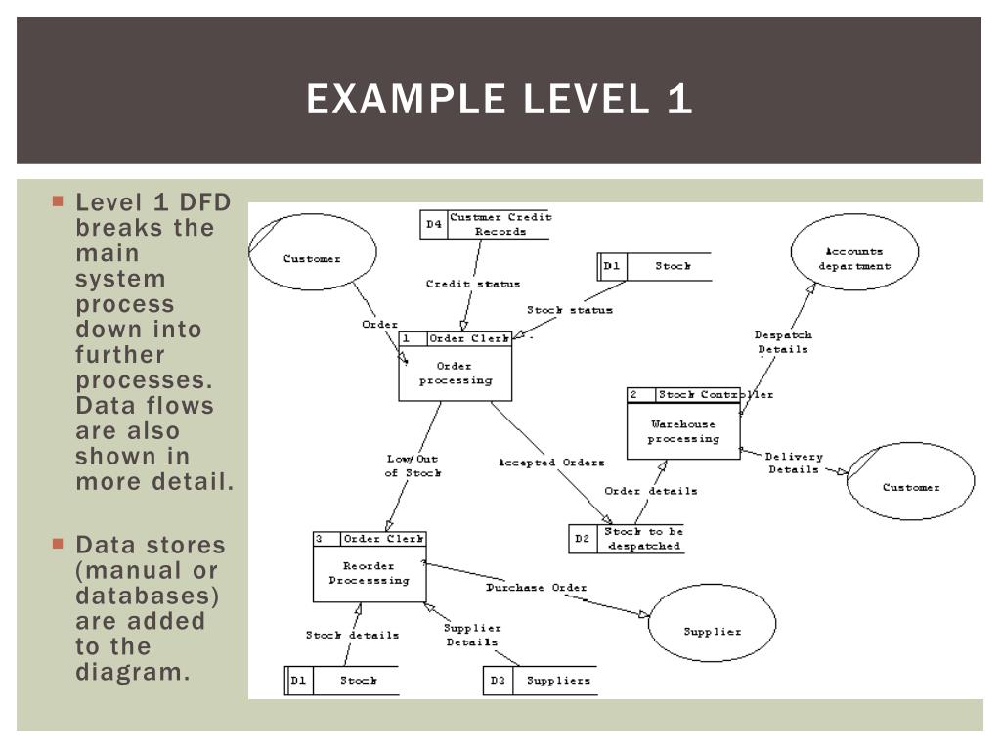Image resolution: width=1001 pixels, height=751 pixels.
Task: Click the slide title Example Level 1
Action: click(x=500, y=100)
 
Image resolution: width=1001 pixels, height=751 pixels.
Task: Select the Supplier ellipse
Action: click(x=712, y=624)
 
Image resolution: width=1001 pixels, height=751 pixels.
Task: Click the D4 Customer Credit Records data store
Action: click(x=485, y=225)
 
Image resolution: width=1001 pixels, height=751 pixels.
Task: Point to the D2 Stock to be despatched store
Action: click(x=627, y=539)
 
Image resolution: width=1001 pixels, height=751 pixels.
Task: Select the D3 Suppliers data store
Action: click(x=540, y=681)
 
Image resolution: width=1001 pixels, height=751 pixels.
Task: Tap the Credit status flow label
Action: click(x=473, y=285)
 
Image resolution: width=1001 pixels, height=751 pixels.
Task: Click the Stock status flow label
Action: click(x=570, y=310)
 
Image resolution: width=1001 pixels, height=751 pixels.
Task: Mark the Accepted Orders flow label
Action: click(x=551, y=463)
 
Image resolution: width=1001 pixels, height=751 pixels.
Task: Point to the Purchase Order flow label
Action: click(x=537, y=588)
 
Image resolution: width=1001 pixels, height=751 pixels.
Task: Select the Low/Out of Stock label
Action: click(x=412, y=465)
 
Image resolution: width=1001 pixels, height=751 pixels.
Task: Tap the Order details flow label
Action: click(x=650, y=491)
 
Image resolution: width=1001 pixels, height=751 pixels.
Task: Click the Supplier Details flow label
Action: click(x=472, y=635)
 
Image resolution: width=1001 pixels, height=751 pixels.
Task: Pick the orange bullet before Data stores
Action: click(x=58, y=544)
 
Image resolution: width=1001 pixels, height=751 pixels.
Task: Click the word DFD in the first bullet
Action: click(x=204, y=202)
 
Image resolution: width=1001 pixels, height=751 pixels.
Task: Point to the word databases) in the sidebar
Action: click(x=148, y=596)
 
